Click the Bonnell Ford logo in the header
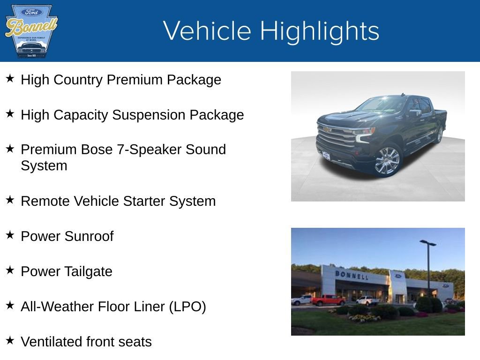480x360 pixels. tap(31, 31)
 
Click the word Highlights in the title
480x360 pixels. tap(319, 31)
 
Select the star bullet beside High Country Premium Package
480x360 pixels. tap(10, 78)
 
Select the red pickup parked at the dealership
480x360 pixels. tap(328, 300)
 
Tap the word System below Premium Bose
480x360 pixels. tap(44, 166)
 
